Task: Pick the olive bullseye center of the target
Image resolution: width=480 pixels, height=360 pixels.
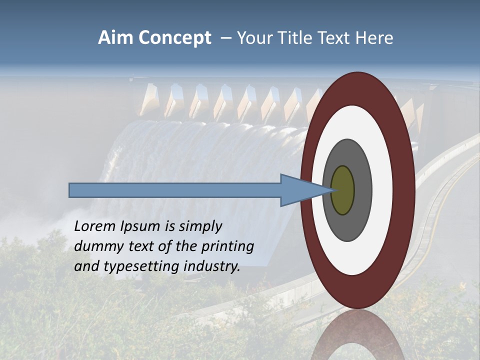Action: tap(342, 190)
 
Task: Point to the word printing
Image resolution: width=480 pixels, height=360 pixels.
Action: tap(227, 247)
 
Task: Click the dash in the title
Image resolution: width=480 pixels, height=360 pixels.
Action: tap(226, 38)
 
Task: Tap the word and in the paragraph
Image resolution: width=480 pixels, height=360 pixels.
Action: tap(85, 266)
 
